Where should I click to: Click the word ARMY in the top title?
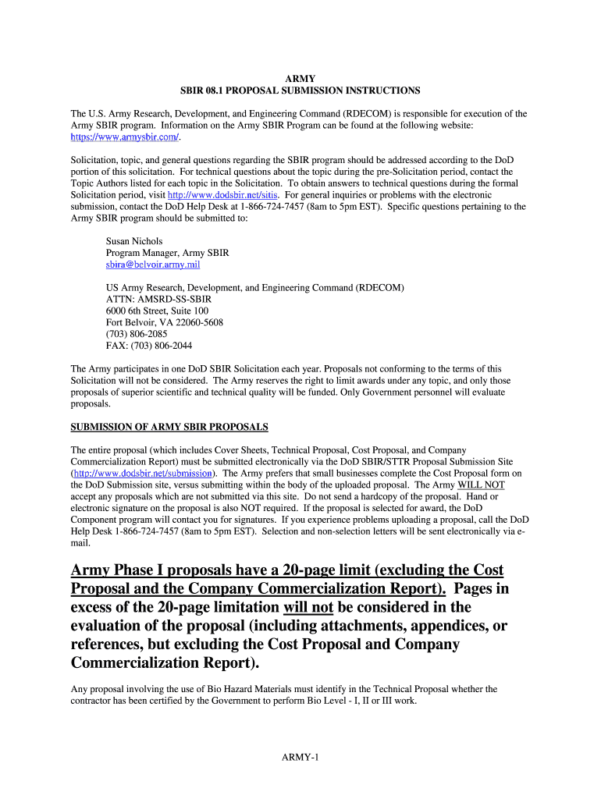tap(300, 79)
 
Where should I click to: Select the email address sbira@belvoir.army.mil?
tap(153, 265)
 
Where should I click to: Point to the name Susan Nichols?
tap(134, 242)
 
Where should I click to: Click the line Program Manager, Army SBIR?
tap(167, 254)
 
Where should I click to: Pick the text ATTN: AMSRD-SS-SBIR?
tap(158, 299)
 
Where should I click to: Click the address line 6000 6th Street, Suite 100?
tap(157, 311)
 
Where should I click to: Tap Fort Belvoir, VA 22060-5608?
tap(164, 322)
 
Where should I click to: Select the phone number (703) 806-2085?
tap(136, 334)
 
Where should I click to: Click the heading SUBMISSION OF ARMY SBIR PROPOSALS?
tap(169, 427)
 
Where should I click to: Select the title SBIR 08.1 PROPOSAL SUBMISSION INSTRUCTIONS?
tap(300, 91)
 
